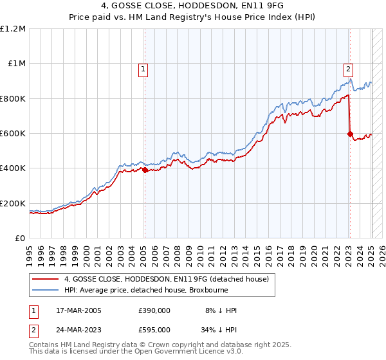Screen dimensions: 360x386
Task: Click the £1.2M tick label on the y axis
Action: coord(13,29)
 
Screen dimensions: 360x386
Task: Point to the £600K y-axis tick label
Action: coord(13,134)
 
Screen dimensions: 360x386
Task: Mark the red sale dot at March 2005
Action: coord(145,170)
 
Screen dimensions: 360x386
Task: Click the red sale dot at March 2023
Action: coord(350,134)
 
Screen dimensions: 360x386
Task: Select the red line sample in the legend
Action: coord(46,278)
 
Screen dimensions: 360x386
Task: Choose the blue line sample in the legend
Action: coord(46,290)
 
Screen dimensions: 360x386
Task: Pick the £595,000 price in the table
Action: coord(154,329)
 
